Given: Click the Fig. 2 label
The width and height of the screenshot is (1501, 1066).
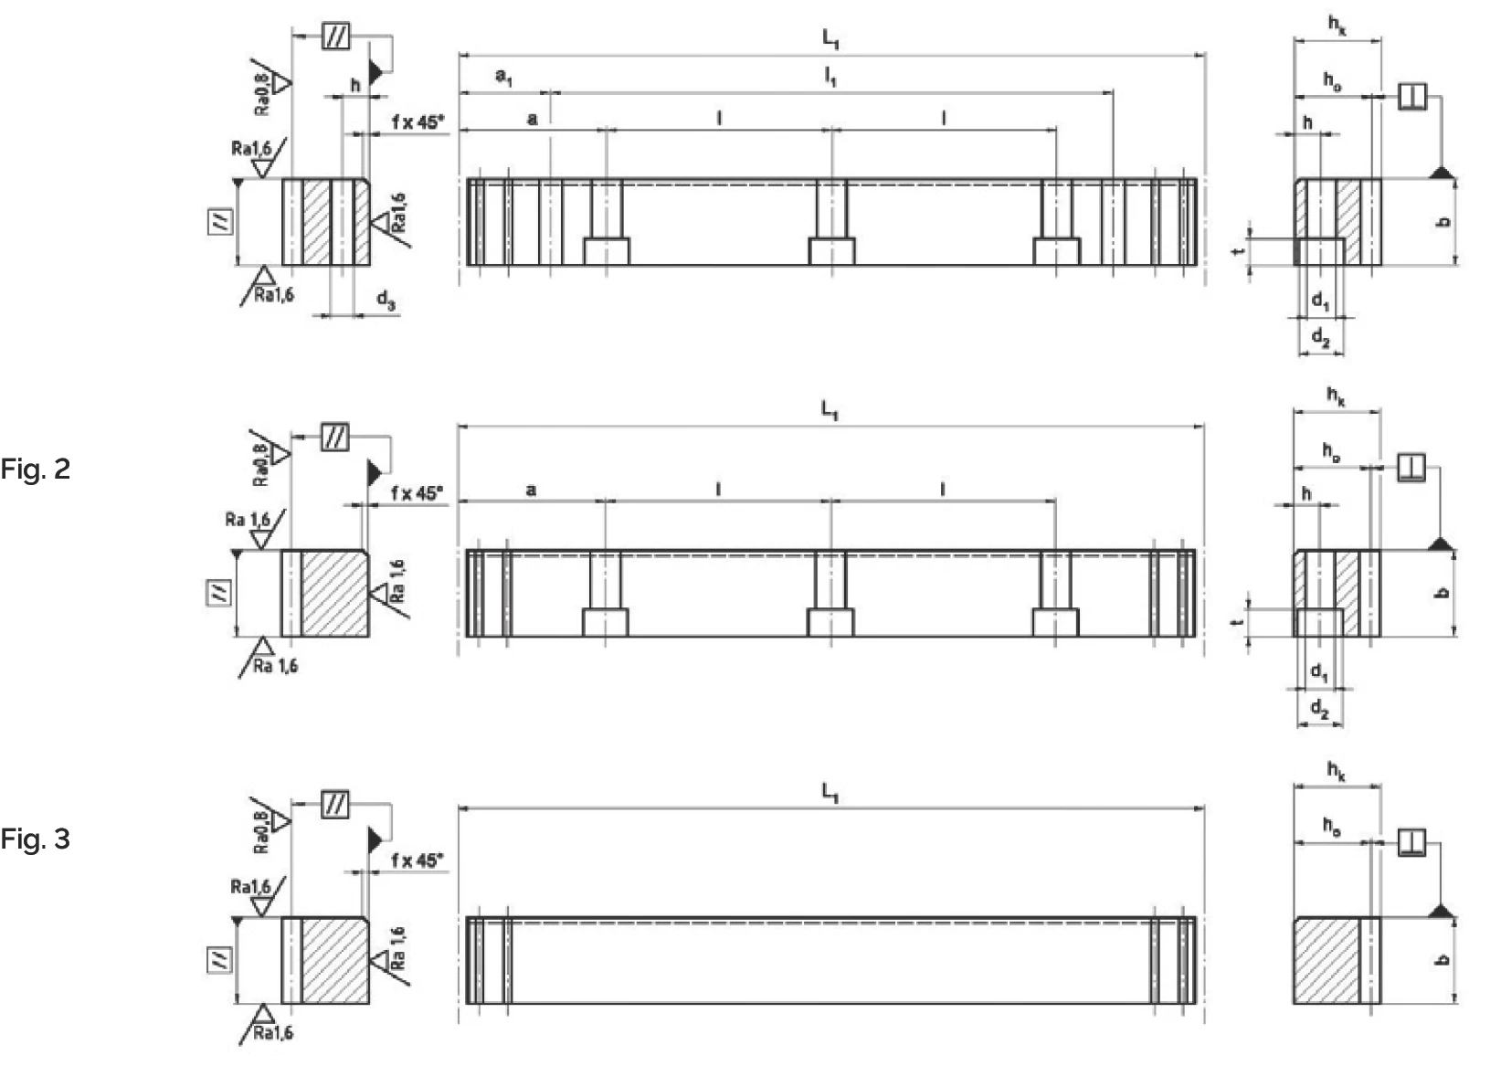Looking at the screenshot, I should point(35,470).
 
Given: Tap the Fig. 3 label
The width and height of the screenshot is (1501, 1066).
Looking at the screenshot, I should point(35,839).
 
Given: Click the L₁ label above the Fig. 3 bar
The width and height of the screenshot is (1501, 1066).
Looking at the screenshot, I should point(830,792).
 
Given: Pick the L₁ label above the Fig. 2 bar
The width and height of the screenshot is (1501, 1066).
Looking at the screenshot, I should point(830,410).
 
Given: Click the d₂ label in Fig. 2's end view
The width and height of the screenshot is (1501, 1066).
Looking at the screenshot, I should point(1320,709).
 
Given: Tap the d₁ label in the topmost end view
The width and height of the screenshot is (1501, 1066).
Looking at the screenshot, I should point(1321,301).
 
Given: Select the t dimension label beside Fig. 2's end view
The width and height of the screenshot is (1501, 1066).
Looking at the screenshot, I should point(1239,622).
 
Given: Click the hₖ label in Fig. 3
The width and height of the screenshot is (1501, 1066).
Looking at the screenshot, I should point(1336,772).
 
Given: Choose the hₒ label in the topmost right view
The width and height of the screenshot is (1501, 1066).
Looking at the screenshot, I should point(1333,81).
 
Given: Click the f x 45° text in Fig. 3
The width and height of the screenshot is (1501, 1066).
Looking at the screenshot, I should point(417,860).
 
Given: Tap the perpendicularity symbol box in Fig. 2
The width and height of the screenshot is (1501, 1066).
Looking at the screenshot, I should point(1411,469).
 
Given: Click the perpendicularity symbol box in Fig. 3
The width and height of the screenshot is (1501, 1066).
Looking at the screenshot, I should point(1411,841).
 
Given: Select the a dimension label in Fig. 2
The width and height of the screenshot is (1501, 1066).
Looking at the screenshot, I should point(532,491).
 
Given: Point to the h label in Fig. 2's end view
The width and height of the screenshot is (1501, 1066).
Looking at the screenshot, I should point(1306,494).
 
